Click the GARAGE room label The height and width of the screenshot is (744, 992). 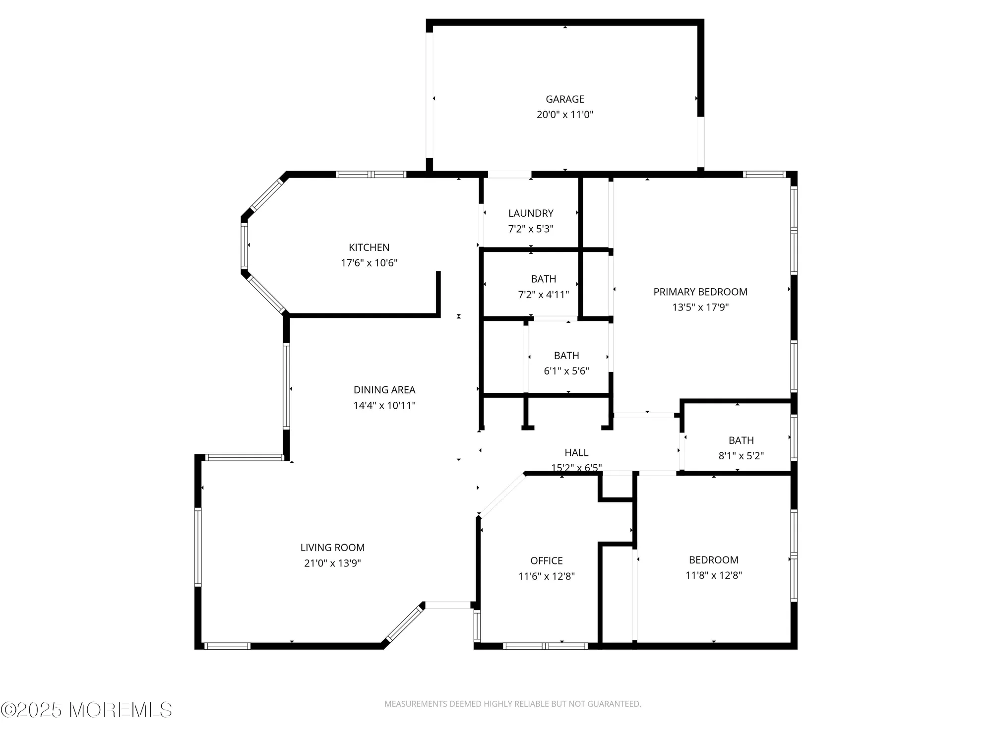click(x=565, y=99)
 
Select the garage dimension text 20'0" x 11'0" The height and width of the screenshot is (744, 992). click(x=565, y=115)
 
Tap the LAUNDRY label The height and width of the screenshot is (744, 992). click(x=531, y=213)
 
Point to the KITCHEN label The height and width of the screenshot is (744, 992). click(x=369, y=248)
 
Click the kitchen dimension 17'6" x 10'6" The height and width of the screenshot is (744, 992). click(x=369, y=263)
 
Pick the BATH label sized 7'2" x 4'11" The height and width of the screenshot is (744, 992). click(x=544, y=279)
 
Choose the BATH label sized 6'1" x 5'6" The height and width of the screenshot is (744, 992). click(x=566, y=356)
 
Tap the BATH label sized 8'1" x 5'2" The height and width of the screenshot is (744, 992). click(x=741, y=440)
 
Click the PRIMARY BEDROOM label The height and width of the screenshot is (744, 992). click(x=700, y=292)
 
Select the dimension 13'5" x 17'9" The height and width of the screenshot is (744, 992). click(x=700, y=307)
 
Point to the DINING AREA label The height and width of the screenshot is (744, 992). click(x=384, y=390)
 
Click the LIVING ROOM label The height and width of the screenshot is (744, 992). click(x=332, y=548)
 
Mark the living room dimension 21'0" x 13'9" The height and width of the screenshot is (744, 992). click(x=332, y=563)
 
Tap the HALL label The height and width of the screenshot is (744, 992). click(x=576, y=452)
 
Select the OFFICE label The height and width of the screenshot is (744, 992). click(x=547, y=560)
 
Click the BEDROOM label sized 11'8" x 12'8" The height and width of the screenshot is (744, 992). click(x=714, y=560)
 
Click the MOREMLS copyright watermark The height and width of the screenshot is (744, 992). click(x=87, y=710)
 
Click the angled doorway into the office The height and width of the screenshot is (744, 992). click(x=501, y=495)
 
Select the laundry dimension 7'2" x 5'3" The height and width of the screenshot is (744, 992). click(x=531, y=229)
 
